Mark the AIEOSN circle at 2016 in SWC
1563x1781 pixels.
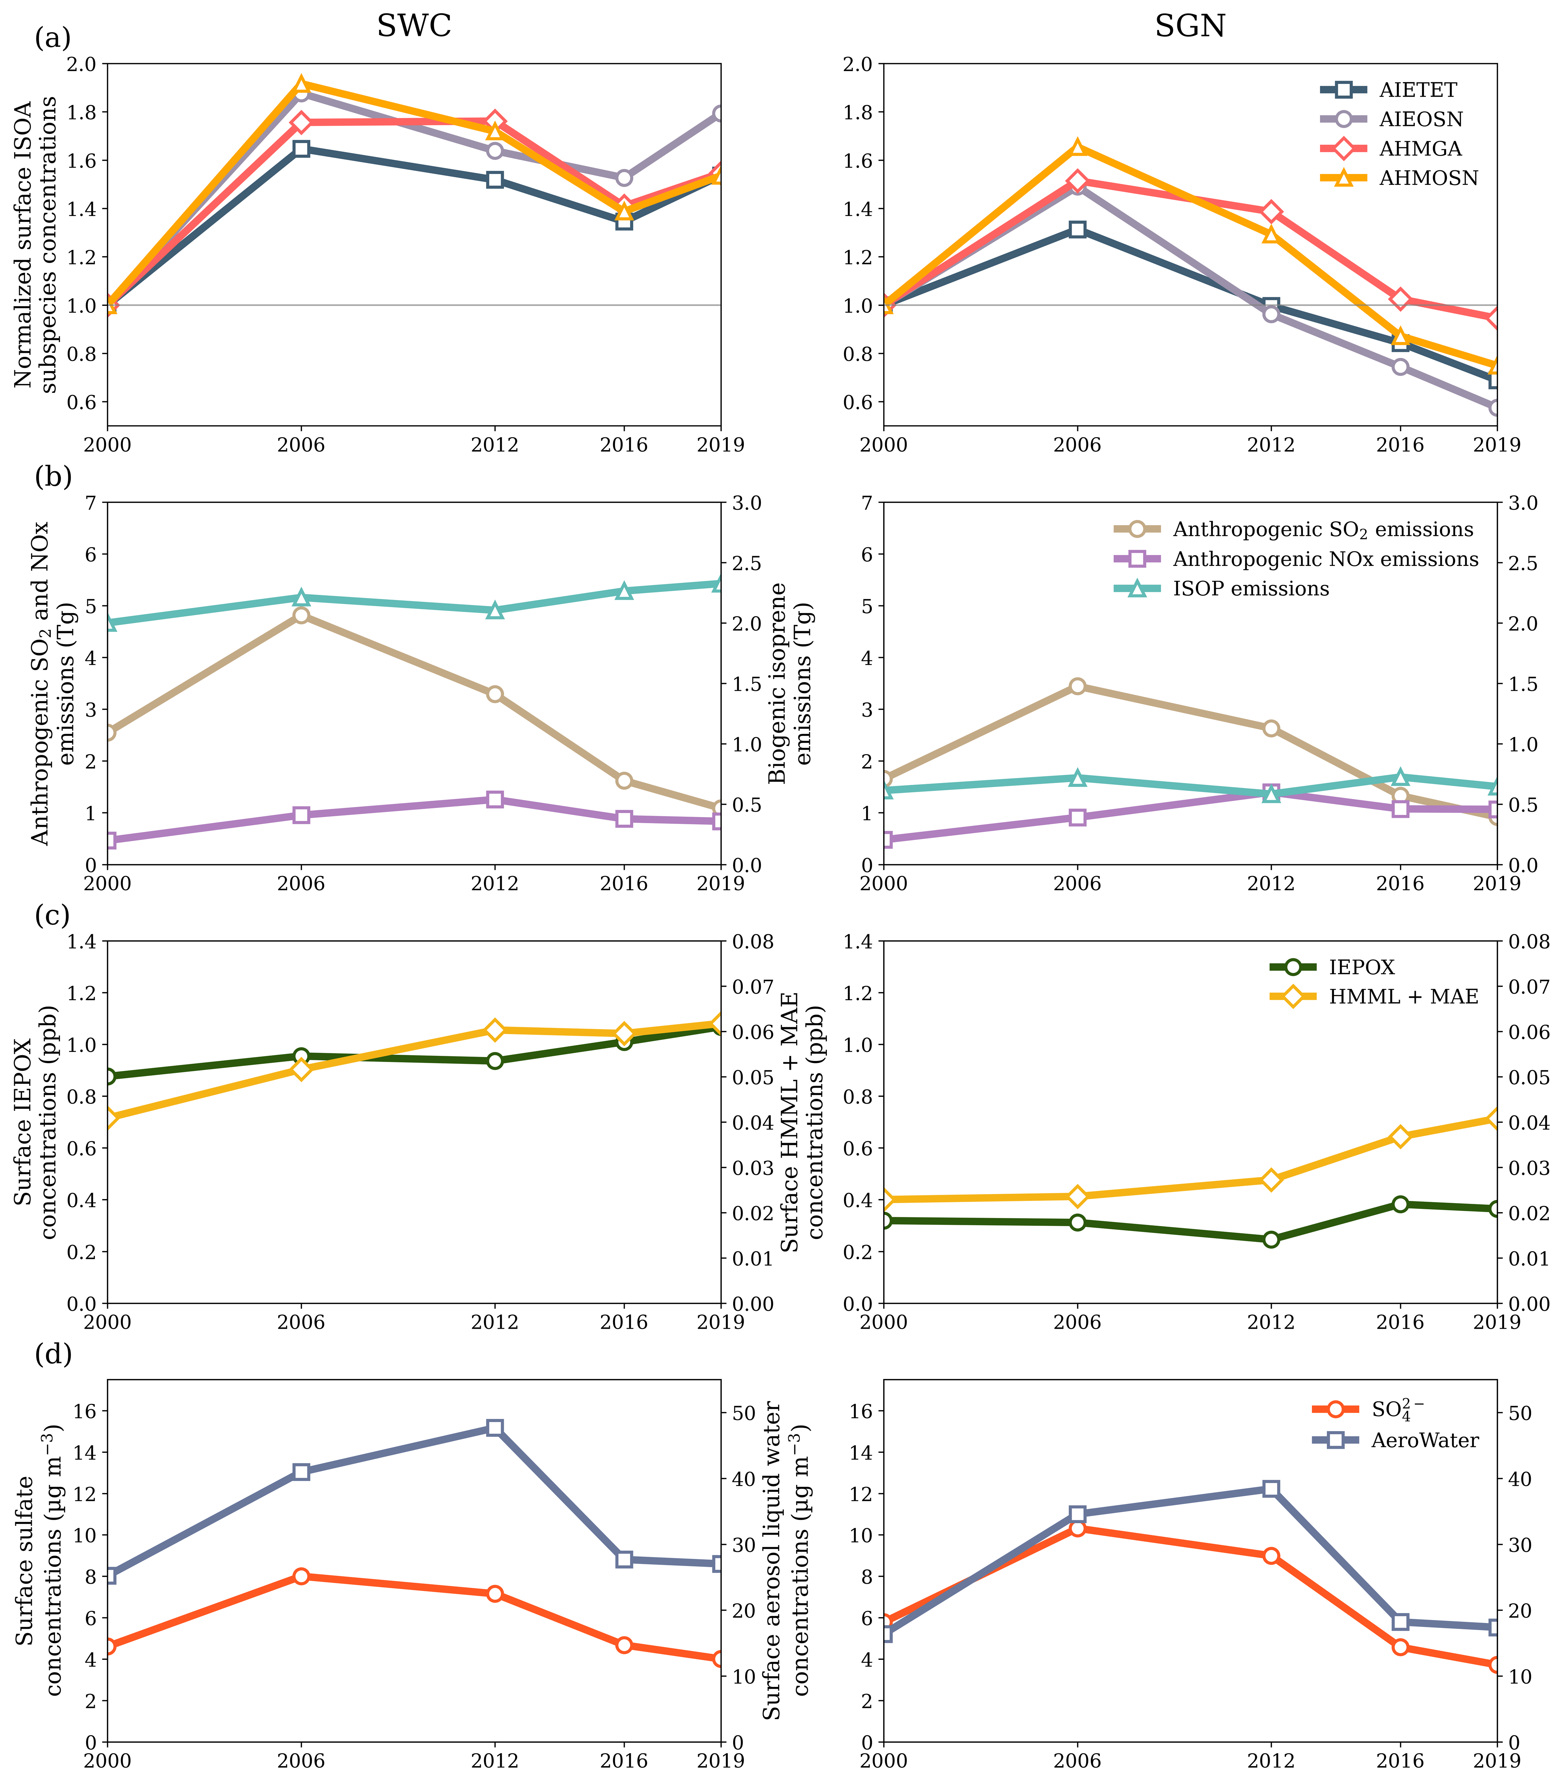click(624, 178)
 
